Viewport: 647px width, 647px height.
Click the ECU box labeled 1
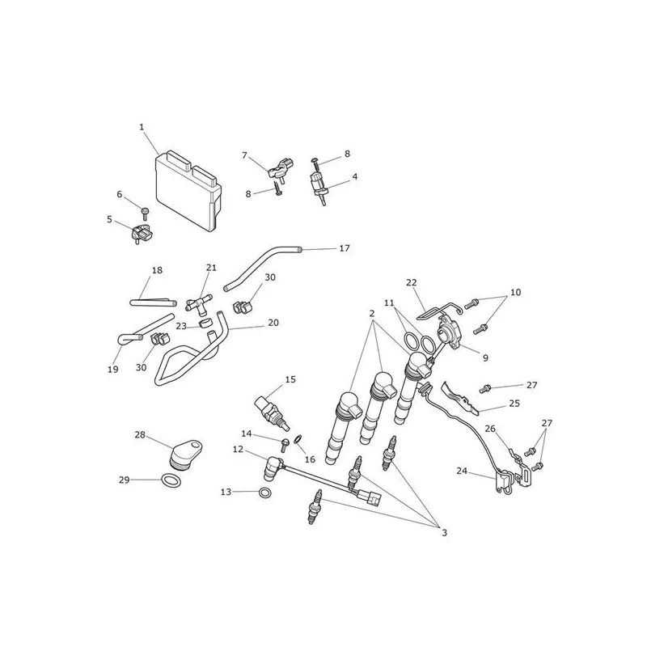pyautogui.click(x=188, y=191)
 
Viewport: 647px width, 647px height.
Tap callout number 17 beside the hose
pyautogui.click(x=345, y=248)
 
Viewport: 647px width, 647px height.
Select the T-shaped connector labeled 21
pyautogui.click(x=198, y=302)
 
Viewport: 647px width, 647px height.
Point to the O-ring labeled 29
pyautogui.click(x=171, y=480)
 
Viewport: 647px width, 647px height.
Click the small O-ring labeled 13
pyautogui.click(x=265, y=493)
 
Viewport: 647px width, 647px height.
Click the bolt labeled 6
pyautogui.click(x=145, y=214)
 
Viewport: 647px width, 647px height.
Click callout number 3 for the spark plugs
pyautogui.click(x=444, y=533)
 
